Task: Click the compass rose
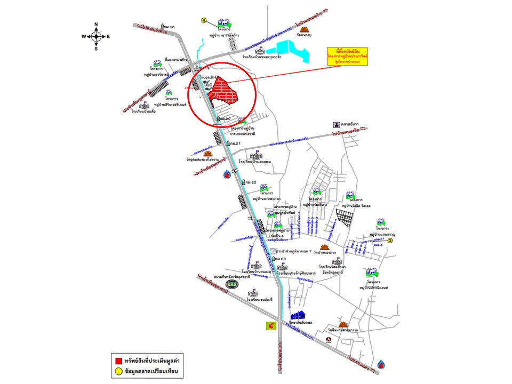coord(96,36)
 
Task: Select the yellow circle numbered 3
coord(390,241)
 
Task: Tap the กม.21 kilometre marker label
coord(235,144)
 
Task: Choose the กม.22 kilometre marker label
coord(250,183)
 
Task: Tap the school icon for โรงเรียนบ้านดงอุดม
coord(257,156)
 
